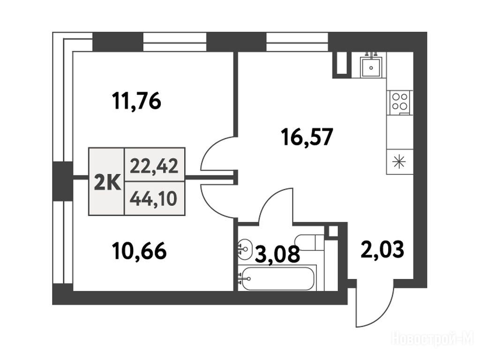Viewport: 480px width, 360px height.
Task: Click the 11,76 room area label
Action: pos(136,101)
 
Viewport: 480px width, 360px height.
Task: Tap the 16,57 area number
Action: pos(307,137)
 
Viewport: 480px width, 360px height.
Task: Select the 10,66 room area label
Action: pos(139,251)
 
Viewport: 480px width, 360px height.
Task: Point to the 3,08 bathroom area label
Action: pos(277,254)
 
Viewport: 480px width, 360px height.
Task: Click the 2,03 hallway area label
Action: pos(382,249)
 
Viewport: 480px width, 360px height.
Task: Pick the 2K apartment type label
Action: pos(107,183)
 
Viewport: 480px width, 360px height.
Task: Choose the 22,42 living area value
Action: pos(154,167)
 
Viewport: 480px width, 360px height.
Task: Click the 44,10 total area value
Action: pos(153,199)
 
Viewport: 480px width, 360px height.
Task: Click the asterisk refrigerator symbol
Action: pos(400,162)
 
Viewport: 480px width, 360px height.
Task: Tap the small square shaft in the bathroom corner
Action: pos(332,231)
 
